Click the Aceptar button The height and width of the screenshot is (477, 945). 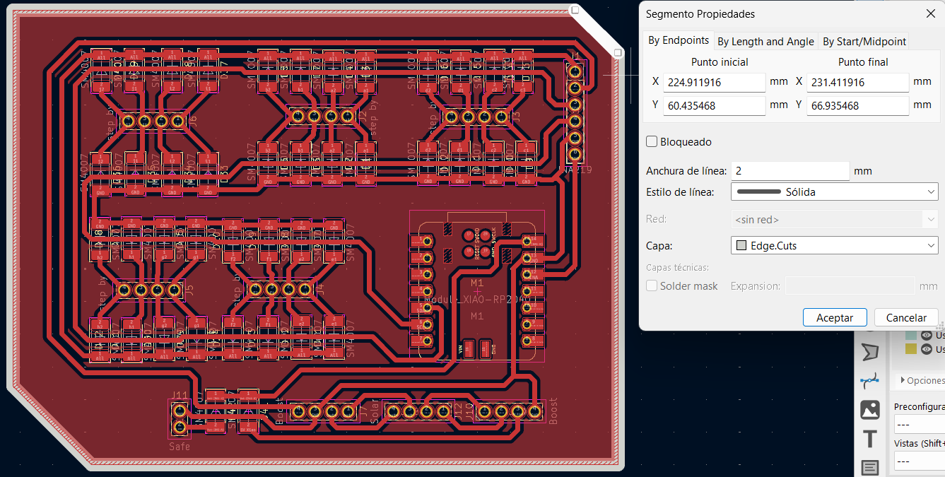coord(834,317)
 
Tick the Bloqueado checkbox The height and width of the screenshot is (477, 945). coord(652,141)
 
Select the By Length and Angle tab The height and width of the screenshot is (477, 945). coord(765,42)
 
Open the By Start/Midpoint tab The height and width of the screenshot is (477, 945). coord(864,42)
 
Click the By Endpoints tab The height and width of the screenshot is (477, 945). coord(679,41)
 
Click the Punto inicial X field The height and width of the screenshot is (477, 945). coord(714,82)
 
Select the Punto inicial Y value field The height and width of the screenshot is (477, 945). coord(714,105)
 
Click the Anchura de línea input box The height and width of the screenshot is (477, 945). coord(790,171)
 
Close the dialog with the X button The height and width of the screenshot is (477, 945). coord(930,13)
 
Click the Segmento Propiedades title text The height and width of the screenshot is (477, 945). coord(700,14)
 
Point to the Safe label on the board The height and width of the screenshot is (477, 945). coord(179,447)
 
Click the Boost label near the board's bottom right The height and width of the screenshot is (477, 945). coord(553,411)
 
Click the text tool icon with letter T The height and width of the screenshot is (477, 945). coord(869,438)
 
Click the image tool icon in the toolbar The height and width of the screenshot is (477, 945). coord(869,409)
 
